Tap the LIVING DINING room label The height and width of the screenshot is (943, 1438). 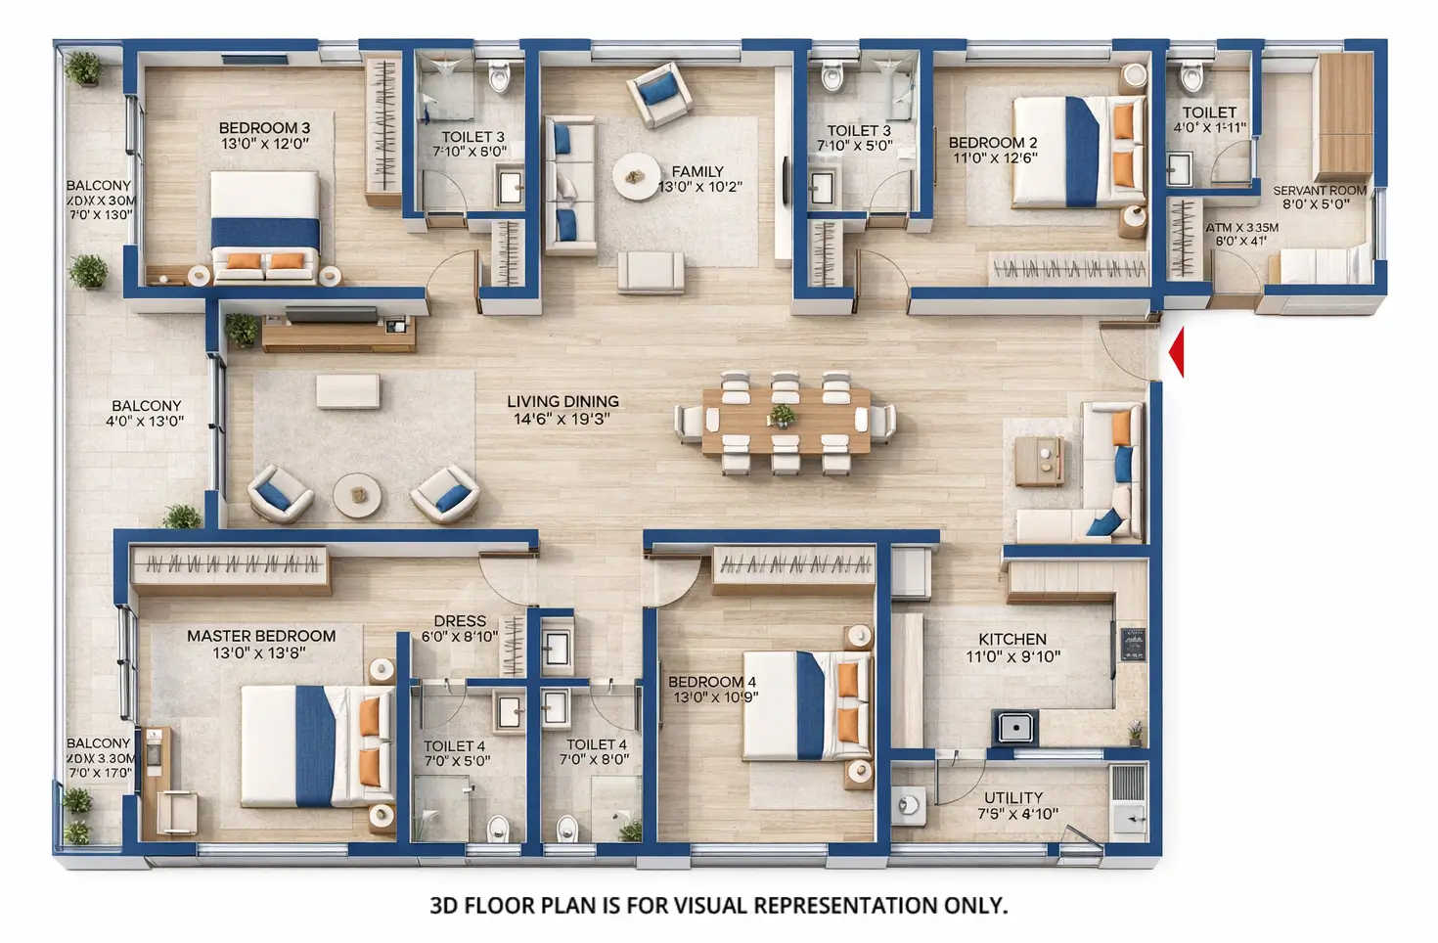[562, 402]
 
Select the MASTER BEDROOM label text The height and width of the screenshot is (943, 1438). [261, 636]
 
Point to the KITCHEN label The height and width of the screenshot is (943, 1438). [1012, 639]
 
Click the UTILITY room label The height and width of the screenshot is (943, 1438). [1013, 797]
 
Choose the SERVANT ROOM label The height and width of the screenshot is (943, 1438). [1319, 191]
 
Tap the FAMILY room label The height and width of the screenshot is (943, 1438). [697, 171]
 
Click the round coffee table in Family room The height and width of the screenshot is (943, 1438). [636, 177]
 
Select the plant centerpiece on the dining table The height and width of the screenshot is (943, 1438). [781, 417]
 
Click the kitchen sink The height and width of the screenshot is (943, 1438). [1016, 727]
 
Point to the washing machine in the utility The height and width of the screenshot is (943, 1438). [909, 804]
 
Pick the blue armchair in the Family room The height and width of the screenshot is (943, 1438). [659, 93]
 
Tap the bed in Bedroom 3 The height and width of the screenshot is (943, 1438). [265, 225]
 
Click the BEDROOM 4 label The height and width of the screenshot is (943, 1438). [712, 682]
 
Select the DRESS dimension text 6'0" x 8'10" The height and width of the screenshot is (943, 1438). [460, 637]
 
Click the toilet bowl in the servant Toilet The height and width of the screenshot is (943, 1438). [1191, 75]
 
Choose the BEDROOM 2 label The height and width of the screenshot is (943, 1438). [993, 143]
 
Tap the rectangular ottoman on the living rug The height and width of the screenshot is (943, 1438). [347, 391]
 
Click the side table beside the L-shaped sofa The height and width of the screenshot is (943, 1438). [1039, 460]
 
